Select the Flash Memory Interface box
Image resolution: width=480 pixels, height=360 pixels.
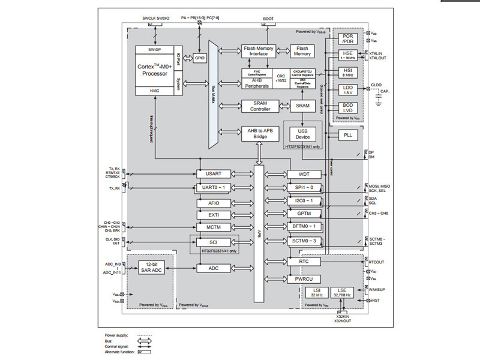coord(257,51)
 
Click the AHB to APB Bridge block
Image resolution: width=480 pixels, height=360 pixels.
coord(257,133)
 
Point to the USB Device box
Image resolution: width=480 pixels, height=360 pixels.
coord(303,134)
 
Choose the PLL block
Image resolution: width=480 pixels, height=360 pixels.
coord(348,135)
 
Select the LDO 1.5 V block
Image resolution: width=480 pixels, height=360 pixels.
coord(348,90)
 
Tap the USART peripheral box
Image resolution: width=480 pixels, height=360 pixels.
coord(214,173)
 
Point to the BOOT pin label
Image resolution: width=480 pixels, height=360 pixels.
coord(268,19)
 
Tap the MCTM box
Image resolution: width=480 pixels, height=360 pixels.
coord(214,227)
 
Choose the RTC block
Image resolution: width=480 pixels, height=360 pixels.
coord(303,262)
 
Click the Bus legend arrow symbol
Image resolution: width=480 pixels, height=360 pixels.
coord(143,341)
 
